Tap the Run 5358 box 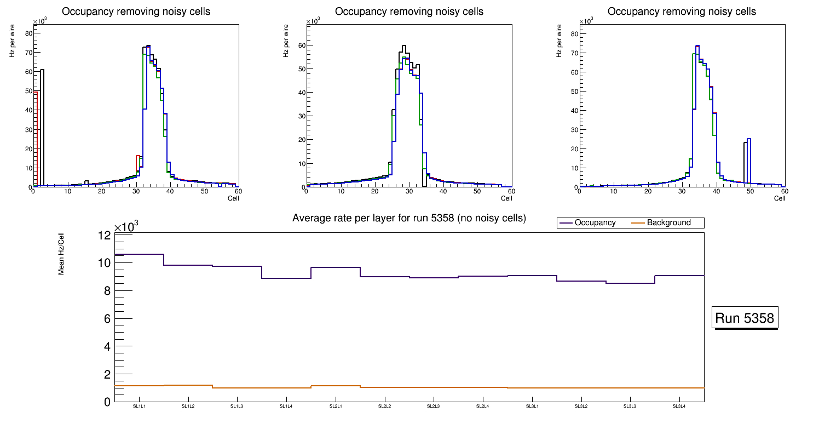746,318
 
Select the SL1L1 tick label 139,407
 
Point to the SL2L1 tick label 336,407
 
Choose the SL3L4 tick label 679,407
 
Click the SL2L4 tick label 483,407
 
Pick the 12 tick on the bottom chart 105,235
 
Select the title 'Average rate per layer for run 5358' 409,218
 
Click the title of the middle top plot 409,12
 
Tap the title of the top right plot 682,12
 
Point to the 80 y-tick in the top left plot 28,33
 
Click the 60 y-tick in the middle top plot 301,45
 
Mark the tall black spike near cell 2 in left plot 42,110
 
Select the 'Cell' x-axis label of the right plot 780,198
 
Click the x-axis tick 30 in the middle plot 409,192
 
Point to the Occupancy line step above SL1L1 139,254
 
